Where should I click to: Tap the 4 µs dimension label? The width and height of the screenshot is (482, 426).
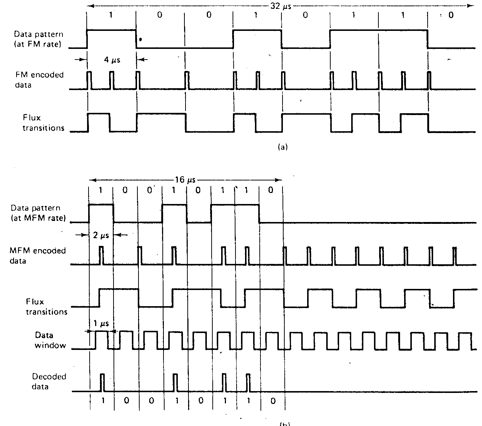(x=112, y=60)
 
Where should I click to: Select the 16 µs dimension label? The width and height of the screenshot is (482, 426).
(x=186, y=180)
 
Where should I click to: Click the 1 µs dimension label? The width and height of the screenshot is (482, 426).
(x=99, y=323)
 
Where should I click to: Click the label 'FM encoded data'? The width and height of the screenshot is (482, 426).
(x=39, y=80)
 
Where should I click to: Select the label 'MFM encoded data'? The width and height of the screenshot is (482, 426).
(x=37, y=255)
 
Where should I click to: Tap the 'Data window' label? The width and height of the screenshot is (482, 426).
(x=50, y=340)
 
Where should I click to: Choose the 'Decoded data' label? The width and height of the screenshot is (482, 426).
(x=48, y=382)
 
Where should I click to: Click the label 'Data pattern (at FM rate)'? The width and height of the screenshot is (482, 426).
(x=38, y=39)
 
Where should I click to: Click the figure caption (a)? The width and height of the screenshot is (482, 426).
(x=282, y=147)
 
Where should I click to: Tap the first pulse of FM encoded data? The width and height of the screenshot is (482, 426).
(x=89, y=80)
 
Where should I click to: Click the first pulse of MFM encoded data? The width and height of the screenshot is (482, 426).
(x=101, y=255)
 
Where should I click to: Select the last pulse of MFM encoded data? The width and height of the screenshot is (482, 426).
(x=455, y=255)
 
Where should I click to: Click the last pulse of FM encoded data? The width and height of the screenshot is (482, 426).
(x=429, y=80)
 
